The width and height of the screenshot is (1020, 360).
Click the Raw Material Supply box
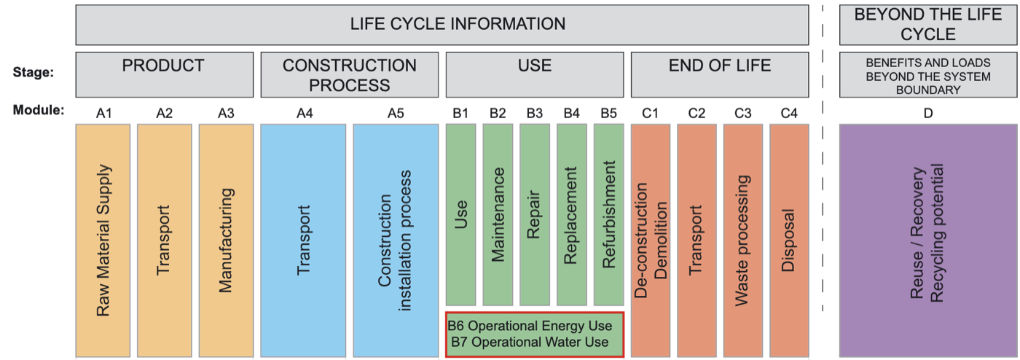tap(103, 240)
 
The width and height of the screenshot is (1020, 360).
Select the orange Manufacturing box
tap(226, 240)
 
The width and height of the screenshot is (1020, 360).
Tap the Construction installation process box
tap(396, 240)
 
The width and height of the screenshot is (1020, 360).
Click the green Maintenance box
tap(498, 214)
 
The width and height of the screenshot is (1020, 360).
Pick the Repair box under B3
tap(535, 214)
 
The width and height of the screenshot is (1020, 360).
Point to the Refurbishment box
tap(609, 214)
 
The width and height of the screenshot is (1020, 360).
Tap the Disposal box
tap(789, 240)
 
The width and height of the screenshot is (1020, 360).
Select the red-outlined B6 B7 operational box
tap(535, 334)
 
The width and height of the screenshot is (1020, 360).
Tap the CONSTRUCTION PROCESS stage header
tap(349, 74)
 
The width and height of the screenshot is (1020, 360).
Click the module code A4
tap(303, 112)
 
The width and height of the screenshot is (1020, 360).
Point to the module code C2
tap(697, 112)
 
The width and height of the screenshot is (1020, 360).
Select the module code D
tap(927, 112)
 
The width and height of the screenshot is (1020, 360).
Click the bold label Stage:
tap(34, 72)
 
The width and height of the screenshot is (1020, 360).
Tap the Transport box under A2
tap(165, 240)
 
